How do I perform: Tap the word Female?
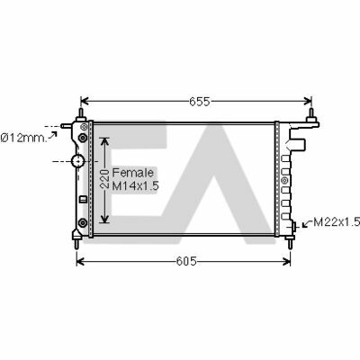pos(138,173)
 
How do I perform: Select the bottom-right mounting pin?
pos(292,239)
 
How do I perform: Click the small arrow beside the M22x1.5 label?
pos(307,222)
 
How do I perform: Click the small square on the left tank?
pos(83,200)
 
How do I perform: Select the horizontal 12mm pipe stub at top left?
pos(67,125)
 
